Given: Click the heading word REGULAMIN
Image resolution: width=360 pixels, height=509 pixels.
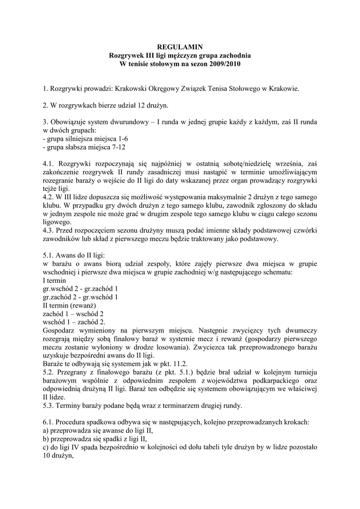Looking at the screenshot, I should pyautogui.click(x=180, y=47).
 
